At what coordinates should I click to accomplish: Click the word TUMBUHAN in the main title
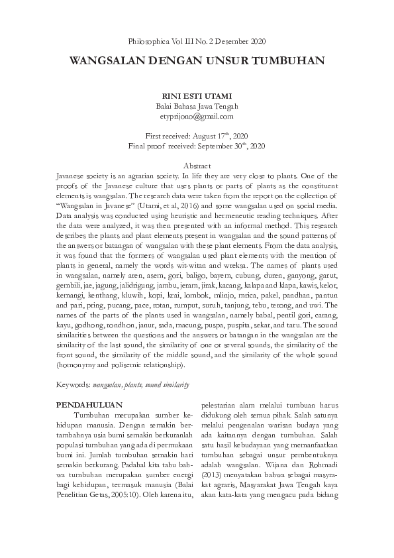(x=289, y=61)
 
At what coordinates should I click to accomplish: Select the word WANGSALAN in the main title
(x=109, y=61)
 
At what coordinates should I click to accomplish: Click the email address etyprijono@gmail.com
(x=197, y=116)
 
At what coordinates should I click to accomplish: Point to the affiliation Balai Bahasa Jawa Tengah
(x=197, y=106)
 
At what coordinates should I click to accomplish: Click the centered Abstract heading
(x=197, y=165)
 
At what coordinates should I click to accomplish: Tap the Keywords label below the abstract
(x=74, y=384)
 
